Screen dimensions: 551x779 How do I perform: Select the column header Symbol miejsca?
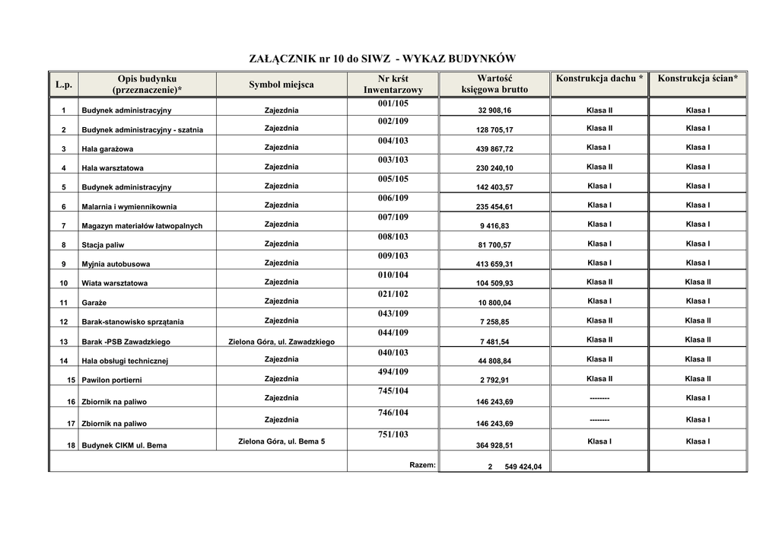click(281, 84)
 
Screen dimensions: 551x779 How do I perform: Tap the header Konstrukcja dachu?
click(599, 78)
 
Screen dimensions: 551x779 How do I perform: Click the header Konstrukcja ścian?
click(698, 78)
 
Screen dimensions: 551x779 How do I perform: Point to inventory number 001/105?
click(393, 103)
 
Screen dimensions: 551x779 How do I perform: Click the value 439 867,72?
click(494, 149)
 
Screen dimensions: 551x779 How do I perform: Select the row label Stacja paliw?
click(103, 245)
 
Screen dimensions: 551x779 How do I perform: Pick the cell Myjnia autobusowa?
click(116, 264)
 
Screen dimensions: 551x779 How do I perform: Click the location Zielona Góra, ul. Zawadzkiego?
click(281, 342)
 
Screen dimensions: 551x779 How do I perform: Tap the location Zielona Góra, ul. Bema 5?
click(281, 441)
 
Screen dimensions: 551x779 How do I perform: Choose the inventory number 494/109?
click(393, 372)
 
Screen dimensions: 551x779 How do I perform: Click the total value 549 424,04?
click(523, 467)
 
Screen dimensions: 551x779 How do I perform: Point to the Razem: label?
click(422, 464)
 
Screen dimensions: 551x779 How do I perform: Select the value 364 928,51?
click(494, 445)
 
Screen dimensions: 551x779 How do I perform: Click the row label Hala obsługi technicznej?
click(125, 361)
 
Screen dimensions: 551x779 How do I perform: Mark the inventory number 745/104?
click(393, 391)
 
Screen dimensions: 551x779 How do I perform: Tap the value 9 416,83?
click(494, 226)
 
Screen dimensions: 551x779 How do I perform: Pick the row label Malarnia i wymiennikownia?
click(129, 206)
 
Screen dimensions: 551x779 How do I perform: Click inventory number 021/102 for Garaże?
click(393, 295)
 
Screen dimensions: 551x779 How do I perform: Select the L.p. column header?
click(64, 84)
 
